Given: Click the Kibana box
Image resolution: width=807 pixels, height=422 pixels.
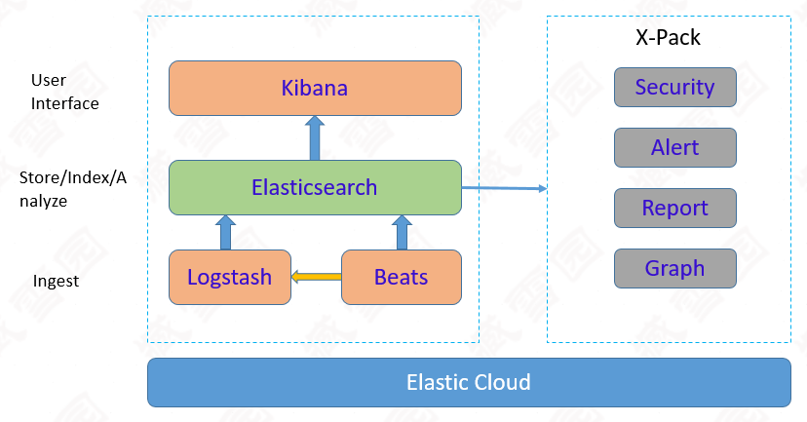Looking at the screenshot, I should click(x=315, y=89).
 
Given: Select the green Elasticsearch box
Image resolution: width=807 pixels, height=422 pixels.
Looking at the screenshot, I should click(x=315, y=187).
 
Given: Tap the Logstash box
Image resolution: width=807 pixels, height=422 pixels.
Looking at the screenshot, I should click(x=231, y=277).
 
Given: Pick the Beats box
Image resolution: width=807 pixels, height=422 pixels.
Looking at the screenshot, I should click(x=401, y=277).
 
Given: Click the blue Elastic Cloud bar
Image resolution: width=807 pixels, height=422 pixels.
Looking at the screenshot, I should click(x=468, y=382).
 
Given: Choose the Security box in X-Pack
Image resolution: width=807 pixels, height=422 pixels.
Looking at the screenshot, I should click(x=674, y=87).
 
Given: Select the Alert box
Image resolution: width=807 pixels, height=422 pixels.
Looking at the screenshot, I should click(x=674, y=147).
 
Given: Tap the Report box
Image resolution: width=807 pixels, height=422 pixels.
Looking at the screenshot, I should click(x=674, y=208).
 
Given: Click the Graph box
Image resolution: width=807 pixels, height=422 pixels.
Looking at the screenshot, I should click(x=674, y=268).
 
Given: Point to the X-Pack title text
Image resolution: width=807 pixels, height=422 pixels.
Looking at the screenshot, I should click(x=668, y=38).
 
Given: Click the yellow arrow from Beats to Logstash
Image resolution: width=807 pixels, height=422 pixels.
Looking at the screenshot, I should click(x=318, y=277).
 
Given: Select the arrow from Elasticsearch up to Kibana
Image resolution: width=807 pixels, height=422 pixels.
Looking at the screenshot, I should click(x=315, y=137).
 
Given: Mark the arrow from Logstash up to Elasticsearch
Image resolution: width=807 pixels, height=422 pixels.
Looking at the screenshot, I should click(x=226, y=232).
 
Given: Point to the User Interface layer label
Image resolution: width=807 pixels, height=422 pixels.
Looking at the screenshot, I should click(x=64, y=92).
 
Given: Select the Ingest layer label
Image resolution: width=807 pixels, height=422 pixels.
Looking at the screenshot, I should click(x=55, y=282).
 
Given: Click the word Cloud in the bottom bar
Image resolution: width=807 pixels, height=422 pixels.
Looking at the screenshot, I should click(x=503, y=382).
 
